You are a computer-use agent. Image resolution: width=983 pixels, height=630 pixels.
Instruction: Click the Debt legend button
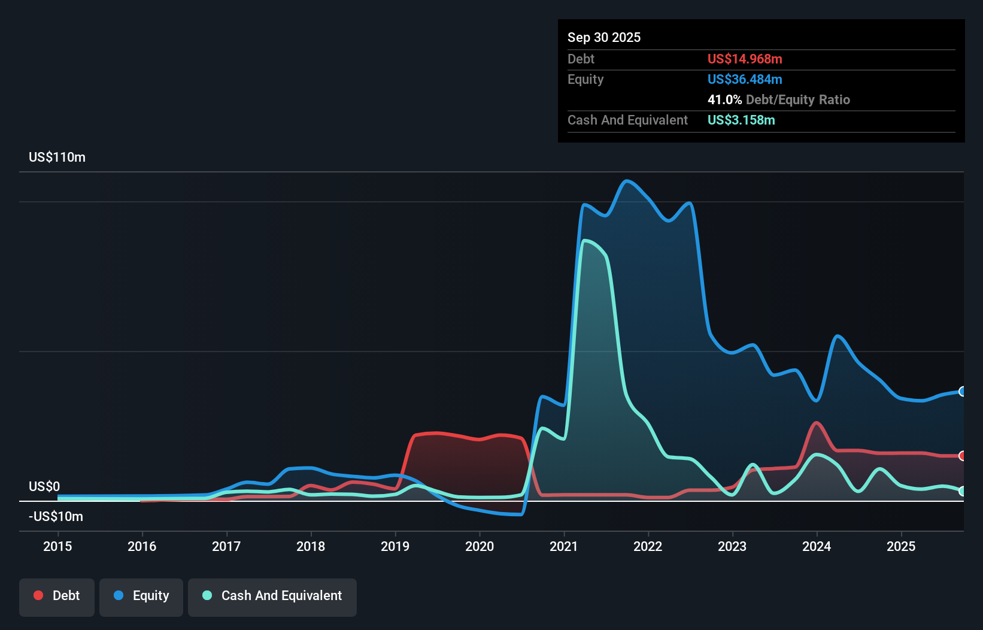click(56, 596)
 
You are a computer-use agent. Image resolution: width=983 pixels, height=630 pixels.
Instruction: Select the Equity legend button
click(141, 596)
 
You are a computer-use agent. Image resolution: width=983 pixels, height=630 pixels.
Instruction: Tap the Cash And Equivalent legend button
click(272, 596)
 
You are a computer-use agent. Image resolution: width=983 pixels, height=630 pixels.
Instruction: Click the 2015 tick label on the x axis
click(57, 546)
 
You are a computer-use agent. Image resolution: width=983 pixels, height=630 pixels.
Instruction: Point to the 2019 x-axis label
click(395, 546)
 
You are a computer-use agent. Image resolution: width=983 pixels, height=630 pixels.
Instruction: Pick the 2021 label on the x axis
click(564, 546)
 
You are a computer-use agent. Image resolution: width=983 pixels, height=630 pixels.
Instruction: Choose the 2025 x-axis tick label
click(901, 546)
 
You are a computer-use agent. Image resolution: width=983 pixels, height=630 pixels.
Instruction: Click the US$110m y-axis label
click(57, 157)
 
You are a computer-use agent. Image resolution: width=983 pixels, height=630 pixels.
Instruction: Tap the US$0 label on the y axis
click(44, 486)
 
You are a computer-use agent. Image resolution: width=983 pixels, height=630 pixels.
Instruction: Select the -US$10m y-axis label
click(56, 516)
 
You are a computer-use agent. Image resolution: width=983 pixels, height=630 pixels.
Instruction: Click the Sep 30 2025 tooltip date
click(603, 37)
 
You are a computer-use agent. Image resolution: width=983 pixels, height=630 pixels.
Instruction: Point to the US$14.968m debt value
click(745, 59)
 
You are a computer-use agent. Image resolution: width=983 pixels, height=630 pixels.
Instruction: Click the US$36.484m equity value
click(745, 79)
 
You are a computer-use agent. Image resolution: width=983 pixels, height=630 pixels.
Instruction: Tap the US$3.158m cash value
click(741, 120)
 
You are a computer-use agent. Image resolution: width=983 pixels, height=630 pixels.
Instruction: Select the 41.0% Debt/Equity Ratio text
click(778, 99)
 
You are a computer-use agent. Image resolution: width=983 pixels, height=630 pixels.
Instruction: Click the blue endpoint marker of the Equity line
click(962, 392)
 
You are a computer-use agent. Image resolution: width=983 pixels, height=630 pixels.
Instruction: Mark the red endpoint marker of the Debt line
click(962, 456)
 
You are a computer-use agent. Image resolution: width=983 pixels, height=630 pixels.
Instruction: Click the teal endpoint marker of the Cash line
click(962, 491)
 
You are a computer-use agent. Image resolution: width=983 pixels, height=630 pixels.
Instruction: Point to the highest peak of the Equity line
click(626, 181)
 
